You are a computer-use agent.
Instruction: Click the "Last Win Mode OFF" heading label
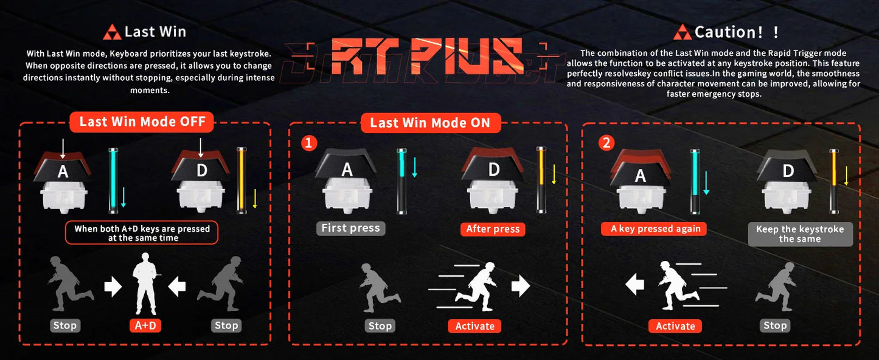(x=141, y=122)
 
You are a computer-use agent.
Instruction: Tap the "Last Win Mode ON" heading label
(x=430, y=123)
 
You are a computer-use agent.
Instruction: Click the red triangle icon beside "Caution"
(x=684, y=32)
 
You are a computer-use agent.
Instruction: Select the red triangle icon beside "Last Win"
(x=113, y=32)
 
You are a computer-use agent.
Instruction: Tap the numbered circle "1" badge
(x=310, y=143)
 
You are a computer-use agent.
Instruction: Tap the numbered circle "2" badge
(x=606, y=143)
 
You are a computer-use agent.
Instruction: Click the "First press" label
(x=350, y=228)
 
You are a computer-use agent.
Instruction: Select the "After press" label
(x=493, y=229)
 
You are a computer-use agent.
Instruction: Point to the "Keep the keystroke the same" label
(x=800, y=234)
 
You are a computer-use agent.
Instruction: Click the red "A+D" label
(x=145, y=325)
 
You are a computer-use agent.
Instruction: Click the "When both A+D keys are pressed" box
(x=142, y=233)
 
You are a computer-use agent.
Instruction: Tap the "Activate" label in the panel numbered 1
(x=474, y=326)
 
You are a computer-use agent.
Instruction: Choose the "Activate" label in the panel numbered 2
(x=675, y=326)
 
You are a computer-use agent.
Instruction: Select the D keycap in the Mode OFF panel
(x=201, y=168)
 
